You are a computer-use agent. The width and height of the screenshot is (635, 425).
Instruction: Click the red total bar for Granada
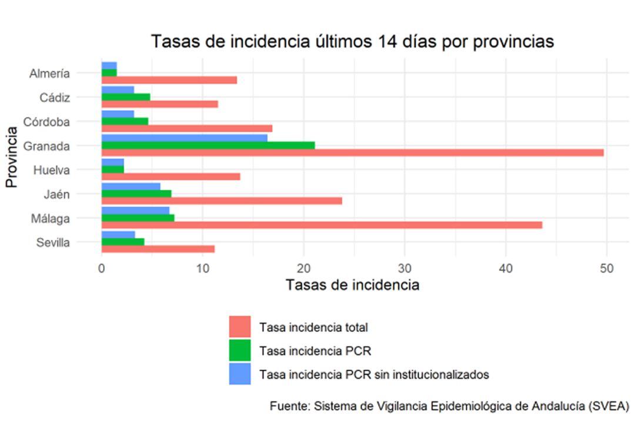(352, 153)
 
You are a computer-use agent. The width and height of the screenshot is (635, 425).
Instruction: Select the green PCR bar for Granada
(208, 145)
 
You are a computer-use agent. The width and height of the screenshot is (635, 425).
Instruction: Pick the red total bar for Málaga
(322, 225)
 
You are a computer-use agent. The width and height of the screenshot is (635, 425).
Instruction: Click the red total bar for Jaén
(222, 201)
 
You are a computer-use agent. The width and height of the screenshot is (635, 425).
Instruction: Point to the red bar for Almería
(169, 81)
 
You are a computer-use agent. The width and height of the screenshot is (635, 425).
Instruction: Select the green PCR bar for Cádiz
(126, 97)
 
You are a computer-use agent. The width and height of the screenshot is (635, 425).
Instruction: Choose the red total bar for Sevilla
(158, 249)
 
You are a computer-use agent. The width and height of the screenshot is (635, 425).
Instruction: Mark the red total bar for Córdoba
(187, 129)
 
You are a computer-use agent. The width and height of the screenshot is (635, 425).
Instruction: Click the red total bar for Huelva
(171, 177)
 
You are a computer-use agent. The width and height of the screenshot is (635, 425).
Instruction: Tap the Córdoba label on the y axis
(46, 122)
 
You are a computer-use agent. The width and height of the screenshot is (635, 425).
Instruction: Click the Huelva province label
(52, 170)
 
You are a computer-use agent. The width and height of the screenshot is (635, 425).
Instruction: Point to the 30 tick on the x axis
(405, 269)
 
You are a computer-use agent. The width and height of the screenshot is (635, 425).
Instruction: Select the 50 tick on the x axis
(606, 269)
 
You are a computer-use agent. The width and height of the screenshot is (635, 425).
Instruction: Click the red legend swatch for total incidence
(240, 327)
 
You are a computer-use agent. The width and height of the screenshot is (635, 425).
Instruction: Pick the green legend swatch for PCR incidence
(240, 351)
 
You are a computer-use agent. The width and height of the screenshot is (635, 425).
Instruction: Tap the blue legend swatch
(240, 374)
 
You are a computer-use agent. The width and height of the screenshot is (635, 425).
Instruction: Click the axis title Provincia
(11, 157)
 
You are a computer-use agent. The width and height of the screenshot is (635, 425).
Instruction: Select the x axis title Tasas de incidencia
(352, 286)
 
